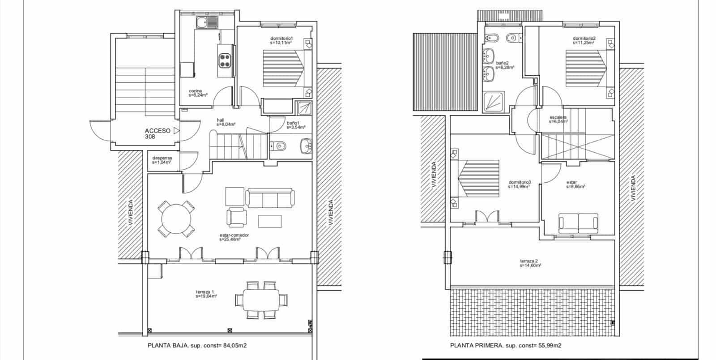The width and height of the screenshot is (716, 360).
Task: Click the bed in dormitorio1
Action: pyautogui.click(x=283, y=68)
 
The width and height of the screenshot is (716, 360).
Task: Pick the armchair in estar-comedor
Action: pyautogui.click(x=236, y=217)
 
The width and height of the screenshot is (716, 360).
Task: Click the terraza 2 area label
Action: pyautogui.click(x=530, y=263)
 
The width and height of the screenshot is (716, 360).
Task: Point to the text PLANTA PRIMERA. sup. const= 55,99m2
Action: pyautogui.click(x=506, y=346)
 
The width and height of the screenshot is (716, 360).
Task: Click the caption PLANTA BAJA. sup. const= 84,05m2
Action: pyautogui.click(x=203, y=346)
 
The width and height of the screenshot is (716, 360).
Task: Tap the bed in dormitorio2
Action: pyautogui.click(x=586, y=68)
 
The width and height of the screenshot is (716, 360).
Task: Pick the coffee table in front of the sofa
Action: pyautogui.click(x=270, y=221)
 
